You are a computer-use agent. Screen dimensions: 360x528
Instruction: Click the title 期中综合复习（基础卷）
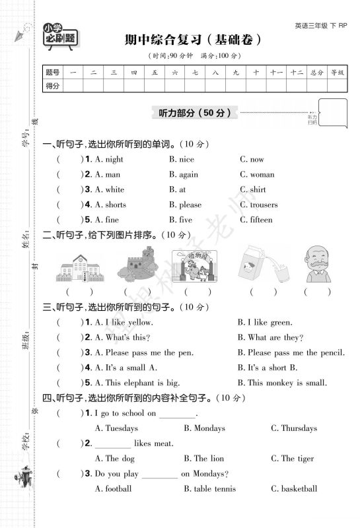click(x=188, y=40)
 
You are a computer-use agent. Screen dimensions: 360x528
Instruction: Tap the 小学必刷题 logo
click(x=59, y=34)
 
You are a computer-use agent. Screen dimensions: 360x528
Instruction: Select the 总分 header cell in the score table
click(x=316, y=71)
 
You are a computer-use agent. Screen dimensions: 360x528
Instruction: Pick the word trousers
click(x=264, y=205)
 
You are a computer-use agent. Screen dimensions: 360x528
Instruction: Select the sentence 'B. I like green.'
click(x=264, y=322)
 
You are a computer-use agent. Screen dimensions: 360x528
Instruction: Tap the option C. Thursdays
click(x=293, y=428)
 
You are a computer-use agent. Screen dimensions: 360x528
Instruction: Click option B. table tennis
click(x=209, y=489)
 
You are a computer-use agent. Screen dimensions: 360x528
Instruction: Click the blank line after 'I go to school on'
click(x=178, y=414)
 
